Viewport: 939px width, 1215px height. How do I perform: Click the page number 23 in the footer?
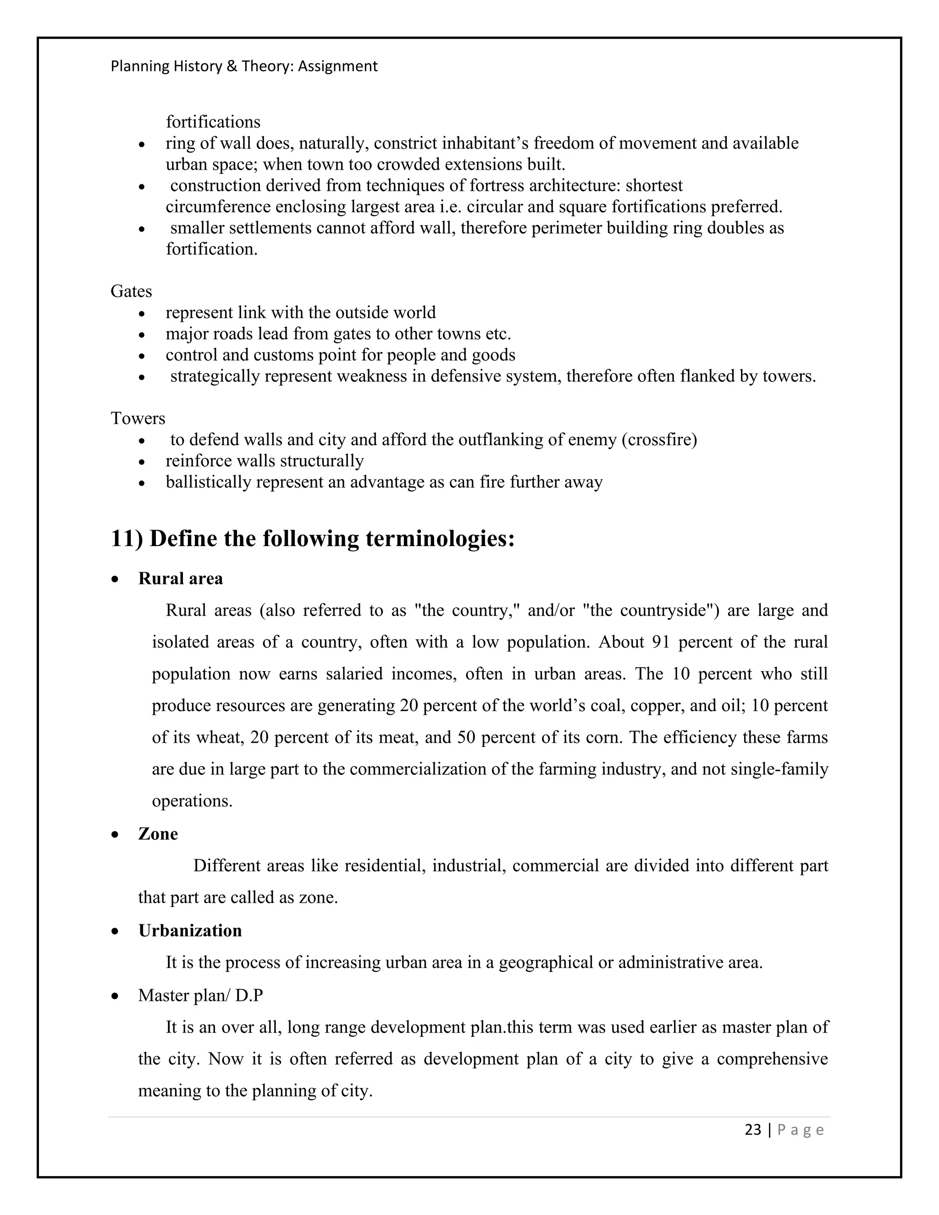pyautogui.click(x=753, y=1130)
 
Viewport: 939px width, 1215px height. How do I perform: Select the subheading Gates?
pyautogui.click(x=131, y=291)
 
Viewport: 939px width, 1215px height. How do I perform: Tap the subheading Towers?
pyautogui.click(x=138, y=418)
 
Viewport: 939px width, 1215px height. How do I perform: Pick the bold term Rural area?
pyautogui.click(x=180, y=579)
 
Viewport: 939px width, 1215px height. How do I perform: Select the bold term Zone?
pyautogui.click(x=158, y=834)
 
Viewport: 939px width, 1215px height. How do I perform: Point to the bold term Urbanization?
pyautogui.click(x=190, y=931)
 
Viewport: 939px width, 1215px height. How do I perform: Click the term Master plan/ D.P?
pyautogui.click(x=200, y=995)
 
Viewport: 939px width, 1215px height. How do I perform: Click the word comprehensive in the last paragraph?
pyautogui.click(x=772, y=1059)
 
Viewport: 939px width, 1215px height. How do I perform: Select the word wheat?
pyautogui.click(x=219, y=737)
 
